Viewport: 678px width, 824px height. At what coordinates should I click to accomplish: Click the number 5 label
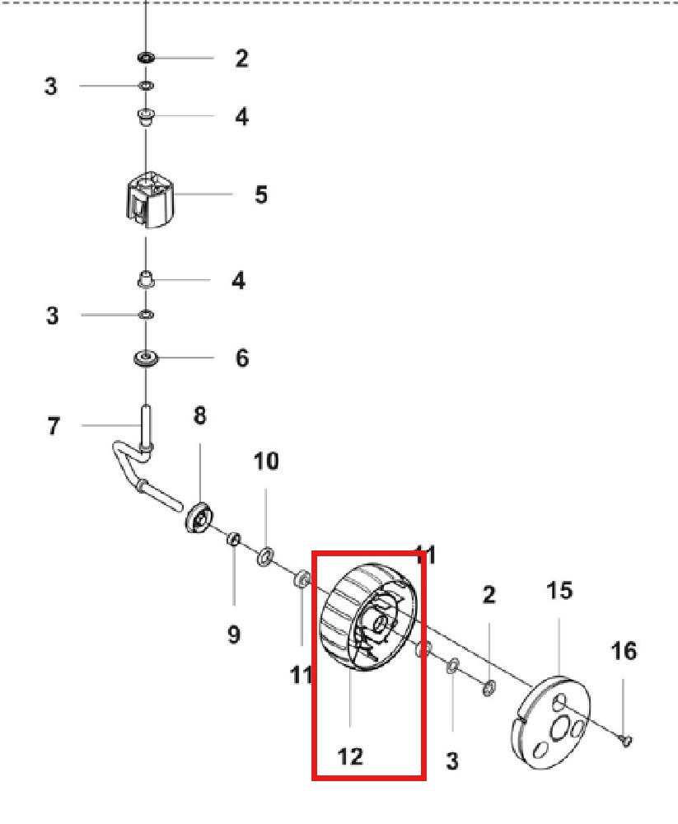(261, 195)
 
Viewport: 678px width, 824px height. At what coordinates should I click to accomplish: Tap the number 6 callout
(242, 358)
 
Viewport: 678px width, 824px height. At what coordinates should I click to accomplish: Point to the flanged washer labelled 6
(147, 359)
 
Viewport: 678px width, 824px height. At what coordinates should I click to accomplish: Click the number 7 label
(54, 427)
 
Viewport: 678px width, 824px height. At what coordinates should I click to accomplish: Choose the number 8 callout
(200, 416)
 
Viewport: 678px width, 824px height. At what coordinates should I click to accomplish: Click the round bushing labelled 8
(198, 517)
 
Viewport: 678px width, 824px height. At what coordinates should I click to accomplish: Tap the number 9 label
(233, 634)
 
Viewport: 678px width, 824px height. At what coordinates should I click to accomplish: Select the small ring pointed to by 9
(233, 540)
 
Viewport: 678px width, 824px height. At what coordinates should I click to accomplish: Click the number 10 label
(265, 461)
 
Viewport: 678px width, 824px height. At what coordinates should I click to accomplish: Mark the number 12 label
(350, 756)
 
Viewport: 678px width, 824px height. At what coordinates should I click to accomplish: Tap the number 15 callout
(559, 591)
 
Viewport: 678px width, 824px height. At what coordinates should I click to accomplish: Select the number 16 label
(624, 651)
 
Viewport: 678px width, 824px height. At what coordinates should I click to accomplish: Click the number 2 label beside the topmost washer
(241, 59)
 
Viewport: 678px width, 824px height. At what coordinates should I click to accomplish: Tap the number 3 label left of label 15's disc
(451, 761)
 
